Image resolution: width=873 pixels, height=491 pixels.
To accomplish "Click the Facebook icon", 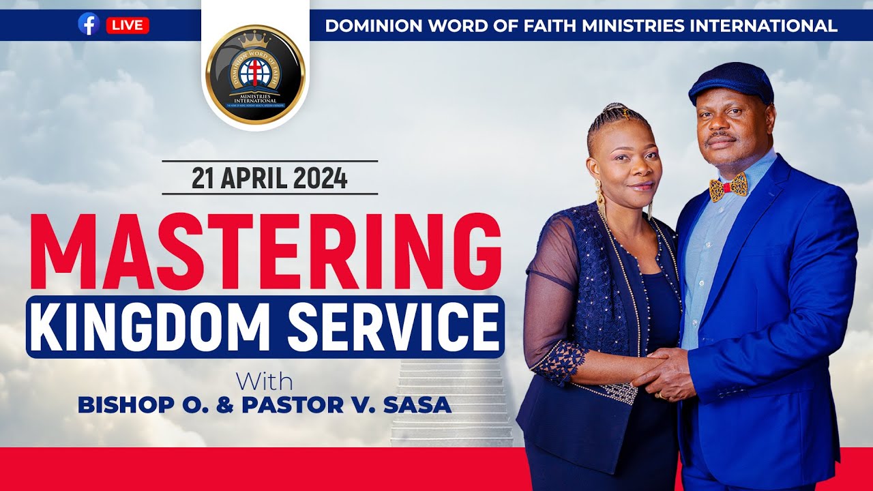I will coord(89,25).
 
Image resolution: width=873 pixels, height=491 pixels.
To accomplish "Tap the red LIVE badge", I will coord(128,25).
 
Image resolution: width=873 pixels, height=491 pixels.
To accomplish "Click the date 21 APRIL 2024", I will coord(269,178).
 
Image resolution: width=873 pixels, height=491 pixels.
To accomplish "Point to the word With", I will coord(265,381).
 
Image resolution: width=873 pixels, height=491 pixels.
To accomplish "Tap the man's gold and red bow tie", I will coord(728,187).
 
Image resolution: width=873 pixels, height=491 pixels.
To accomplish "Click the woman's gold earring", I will coord(601,198).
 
